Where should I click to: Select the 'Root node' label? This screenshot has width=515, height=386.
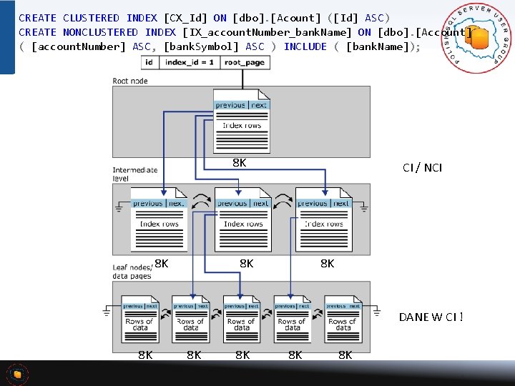[x=130, y=81]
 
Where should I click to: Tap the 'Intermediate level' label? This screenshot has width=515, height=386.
[x=134, y=174]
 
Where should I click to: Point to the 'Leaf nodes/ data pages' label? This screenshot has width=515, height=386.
[x=132, y=271]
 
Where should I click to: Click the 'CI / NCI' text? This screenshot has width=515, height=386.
[x=422, y=168]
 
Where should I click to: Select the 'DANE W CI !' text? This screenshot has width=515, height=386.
[x=431, y=317]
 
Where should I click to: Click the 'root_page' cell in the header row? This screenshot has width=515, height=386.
[x=244, y=63]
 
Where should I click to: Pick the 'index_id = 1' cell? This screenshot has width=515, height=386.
[x=190, y=63]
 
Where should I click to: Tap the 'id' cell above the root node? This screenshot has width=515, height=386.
[x=149, y=63]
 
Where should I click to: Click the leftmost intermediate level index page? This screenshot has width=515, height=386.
[x=159, y=219]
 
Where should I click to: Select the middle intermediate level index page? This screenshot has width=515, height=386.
[x=242, y=219]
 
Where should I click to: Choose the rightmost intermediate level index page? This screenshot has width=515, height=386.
[x=323, y=219]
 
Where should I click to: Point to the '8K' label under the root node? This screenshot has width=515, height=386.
[x=240, y=163]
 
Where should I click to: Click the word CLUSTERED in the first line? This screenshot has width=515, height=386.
[x=91, y=18]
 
